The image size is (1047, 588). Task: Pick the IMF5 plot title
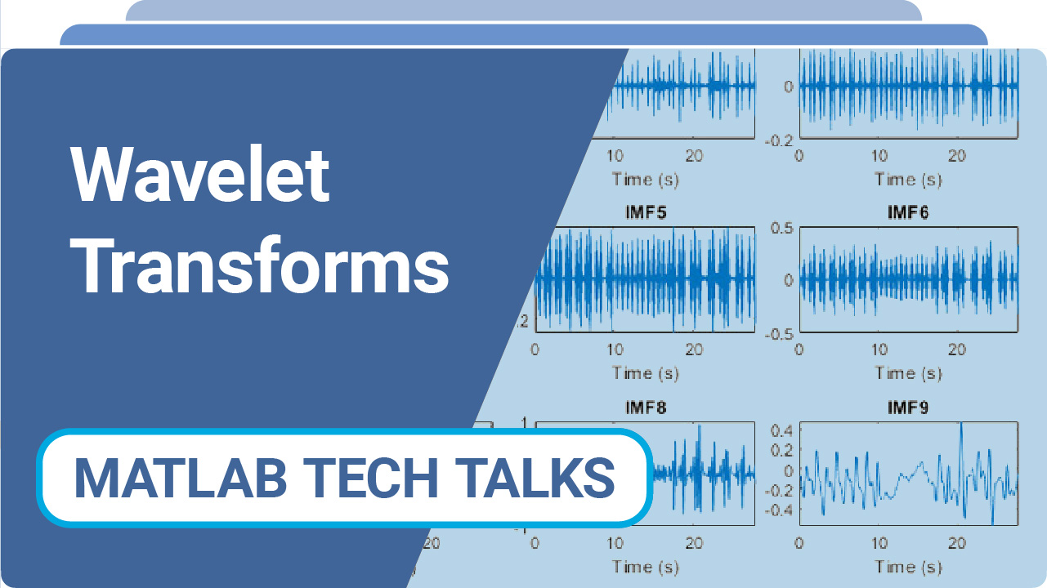[x=645, y=213]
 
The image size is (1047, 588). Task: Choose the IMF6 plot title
[x=908, y=213]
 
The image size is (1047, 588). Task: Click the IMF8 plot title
[x=645, y=407]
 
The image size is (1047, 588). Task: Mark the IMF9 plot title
[x=908, y=407]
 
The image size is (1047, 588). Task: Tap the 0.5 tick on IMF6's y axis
[x=783, y=228]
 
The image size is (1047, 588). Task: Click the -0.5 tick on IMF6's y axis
[x=780, y=332]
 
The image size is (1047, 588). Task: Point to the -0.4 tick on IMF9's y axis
[x=780, y=510]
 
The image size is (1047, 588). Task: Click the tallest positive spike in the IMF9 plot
[x=962, y=424]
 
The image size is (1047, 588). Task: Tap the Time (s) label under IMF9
[x=908, y=567]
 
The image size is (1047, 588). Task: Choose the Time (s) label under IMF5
[x=645, y=373]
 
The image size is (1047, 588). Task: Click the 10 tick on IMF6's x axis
[x=879, y=350]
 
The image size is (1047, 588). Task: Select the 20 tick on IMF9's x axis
[x=958, y=543]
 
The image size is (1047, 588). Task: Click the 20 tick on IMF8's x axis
[x=694, y=543]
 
